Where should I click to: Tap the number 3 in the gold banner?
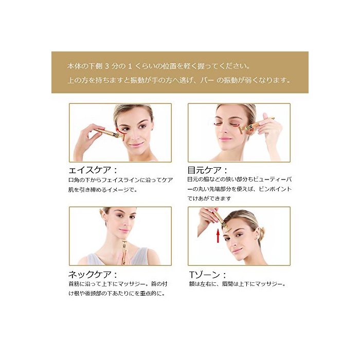[107, 66]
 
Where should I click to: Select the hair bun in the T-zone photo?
[261, 232]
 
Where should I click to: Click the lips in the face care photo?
[136, 145]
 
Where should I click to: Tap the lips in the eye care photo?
[225, 139]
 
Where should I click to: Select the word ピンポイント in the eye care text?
[275, 189]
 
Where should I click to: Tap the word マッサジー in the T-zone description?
[269, 284]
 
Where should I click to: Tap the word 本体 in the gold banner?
[73, 66]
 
